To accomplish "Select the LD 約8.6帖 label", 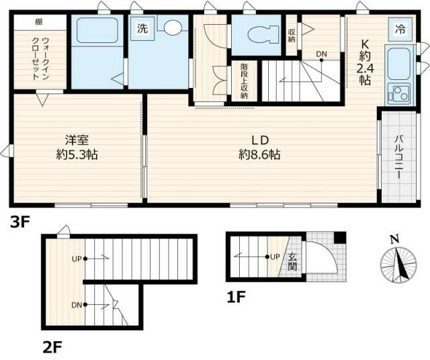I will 259,146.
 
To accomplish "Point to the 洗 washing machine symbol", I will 142,29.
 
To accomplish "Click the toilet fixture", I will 258,32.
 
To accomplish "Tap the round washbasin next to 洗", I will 173,28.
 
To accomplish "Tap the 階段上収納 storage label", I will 245,81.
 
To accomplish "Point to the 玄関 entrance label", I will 294,261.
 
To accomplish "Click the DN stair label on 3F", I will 321,54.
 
